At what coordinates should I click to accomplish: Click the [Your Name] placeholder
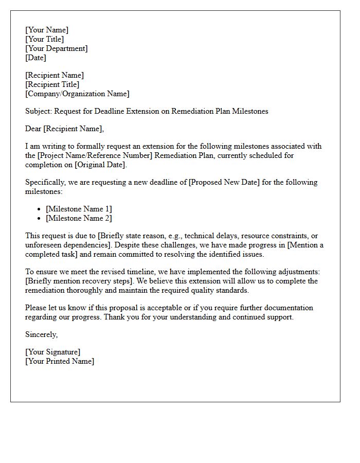[47, 30]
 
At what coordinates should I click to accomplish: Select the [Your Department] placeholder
[57, 48]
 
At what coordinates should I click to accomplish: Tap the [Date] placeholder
[35, 58]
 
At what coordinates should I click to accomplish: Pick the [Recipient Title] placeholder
[52, 84]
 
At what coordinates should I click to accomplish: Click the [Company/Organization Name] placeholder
[77, 94]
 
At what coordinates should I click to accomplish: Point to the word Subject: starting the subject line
[39, 111]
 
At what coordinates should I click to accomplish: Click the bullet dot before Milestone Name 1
[40, 209]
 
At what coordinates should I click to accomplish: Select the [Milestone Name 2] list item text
[79, 218]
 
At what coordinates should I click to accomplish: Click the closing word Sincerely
[42, 334]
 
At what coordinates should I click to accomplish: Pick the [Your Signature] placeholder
[53, 352]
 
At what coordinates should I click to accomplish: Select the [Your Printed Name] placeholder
[60, 361]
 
